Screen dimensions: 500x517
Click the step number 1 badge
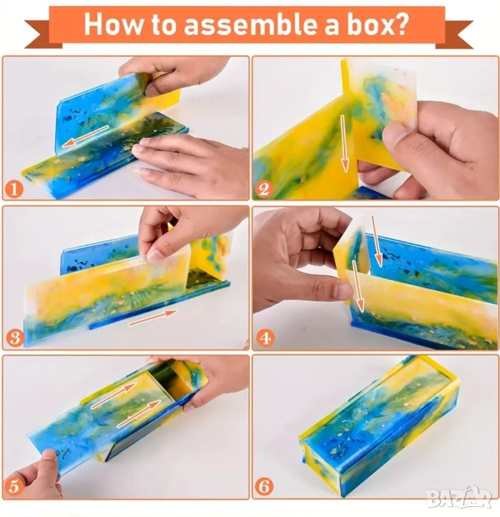click(14, 190)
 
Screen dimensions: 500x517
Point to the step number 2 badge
click(264, 190)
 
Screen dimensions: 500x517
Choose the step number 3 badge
click(15, 338)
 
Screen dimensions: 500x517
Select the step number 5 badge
click(13, 486)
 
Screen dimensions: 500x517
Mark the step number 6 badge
click(264, 486)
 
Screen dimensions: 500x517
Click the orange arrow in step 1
click(85, 136)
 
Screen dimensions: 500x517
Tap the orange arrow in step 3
click(153, 318)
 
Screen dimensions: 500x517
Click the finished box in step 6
click(379, 425)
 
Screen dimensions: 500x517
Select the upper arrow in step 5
click(113, 396)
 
